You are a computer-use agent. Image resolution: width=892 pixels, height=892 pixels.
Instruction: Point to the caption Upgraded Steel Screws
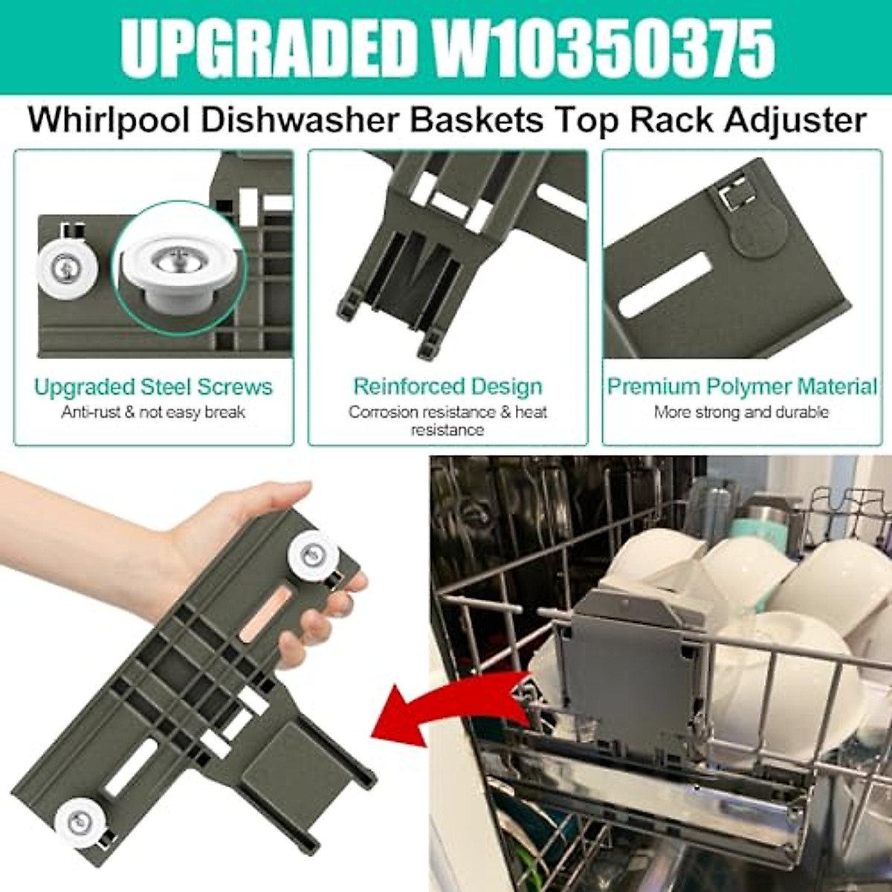153,387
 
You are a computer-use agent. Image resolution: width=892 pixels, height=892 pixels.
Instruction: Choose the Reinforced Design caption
447,387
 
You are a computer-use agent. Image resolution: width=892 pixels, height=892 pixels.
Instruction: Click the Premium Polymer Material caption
742,387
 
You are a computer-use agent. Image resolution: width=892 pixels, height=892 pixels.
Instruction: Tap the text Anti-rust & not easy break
153,412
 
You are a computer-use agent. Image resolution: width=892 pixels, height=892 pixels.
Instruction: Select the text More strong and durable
742,412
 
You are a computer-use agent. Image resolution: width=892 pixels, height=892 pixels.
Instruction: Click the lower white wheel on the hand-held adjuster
79,823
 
